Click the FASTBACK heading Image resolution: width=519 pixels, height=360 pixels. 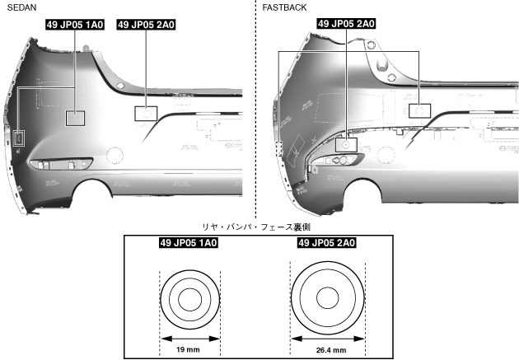[x=285, y=7]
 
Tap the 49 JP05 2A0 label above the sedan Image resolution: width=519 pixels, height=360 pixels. [x=146, y=25]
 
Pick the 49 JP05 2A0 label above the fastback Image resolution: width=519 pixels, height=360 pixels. [x=346, y=25]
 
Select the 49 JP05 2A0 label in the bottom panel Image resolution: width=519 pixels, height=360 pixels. [x=326, y=243]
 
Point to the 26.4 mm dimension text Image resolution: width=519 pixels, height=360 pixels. [x=326, y=349]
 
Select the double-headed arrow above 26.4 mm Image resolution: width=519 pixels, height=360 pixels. [x=326, y=338]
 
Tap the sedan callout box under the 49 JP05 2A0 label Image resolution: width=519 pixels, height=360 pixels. [x=146, y=114]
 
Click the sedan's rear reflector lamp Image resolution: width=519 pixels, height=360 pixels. [x=56, y=166]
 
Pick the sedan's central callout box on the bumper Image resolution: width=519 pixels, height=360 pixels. [x=76, y=118]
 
